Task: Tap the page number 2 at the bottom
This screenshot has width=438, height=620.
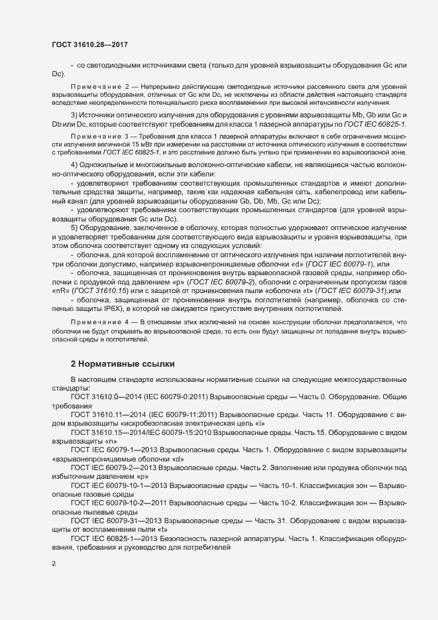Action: (54, 564)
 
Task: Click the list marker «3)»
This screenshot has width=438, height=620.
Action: (75, 117)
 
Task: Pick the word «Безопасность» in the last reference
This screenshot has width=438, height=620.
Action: (188, 539)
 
